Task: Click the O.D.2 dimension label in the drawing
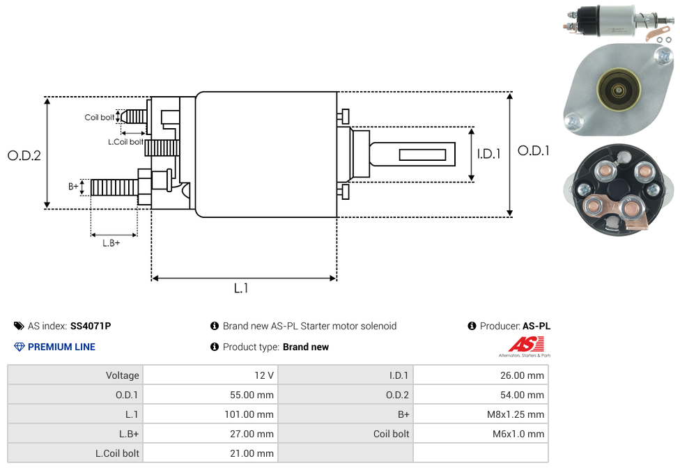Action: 24,155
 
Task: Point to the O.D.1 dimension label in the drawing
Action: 533,150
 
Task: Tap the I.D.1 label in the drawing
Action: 488,154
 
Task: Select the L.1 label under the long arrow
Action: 241,288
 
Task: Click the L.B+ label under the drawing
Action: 111,243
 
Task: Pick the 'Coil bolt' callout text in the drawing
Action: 100,117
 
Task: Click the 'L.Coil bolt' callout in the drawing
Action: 125,142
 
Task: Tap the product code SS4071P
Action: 91,326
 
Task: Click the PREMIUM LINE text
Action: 61,347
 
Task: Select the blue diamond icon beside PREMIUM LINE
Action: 20,347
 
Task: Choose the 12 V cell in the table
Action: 264,375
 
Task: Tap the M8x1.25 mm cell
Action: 516,414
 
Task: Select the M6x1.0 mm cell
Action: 518,434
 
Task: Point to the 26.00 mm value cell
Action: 522,375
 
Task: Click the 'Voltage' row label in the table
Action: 123,375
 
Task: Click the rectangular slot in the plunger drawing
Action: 422,154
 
